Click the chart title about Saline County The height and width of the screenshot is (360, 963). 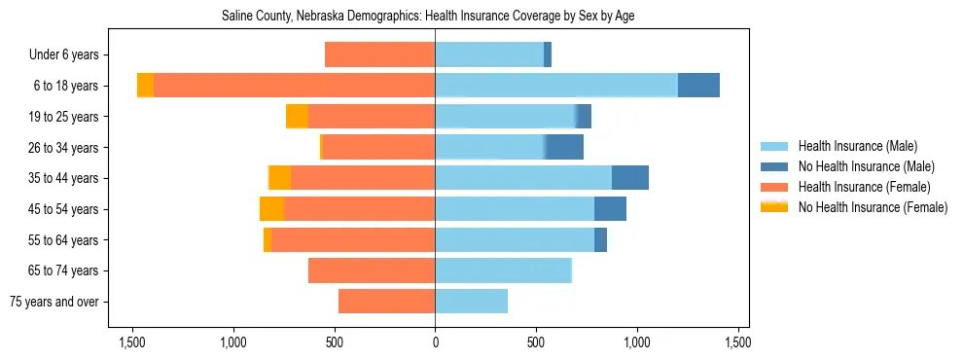pos(428,17)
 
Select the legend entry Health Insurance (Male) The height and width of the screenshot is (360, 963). pos(857,146)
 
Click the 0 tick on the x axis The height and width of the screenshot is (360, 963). pos(435,342)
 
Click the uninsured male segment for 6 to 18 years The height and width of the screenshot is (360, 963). pos(698,86)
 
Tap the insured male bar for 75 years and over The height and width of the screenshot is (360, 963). pos(471,302)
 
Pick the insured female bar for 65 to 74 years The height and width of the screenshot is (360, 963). pos(372,270)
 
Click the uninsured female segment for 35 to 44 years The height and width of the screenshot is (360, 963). pos(279,178)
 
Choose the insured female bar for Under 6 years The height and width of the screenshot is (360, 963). pos(379,55)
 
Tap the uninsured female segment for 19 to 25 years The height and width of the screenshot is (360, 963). pos(297,117)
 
